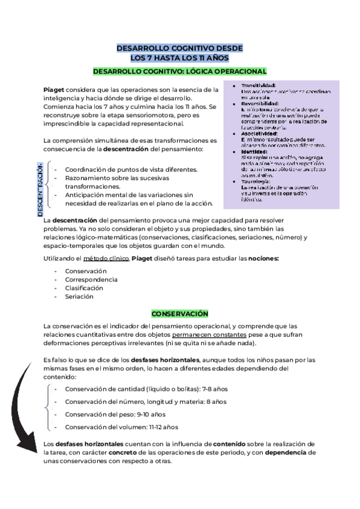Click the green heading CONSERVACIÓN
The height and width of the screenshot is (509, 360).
pyautogui.click(x=179, y=314)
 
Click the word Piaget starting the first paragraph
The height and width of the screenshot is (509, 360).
pyautogui.click(x=54, y=89)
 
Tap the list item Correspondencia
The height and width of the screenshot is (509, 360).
pyautogui.click(x=91, y=280)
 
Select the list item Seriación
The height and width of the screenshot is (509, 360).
pyautogui.click(x=79, y=297)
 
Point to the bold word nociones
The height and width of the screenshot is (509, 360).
pyautogui.click(x=263, y=259)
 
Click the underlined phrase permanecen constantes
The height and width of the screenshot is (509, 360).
pyautogui.click(x=208, y=334)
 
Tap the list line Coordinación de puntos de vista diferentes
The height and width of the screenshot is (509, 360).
pyautogui.click(x=131, y=170)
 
